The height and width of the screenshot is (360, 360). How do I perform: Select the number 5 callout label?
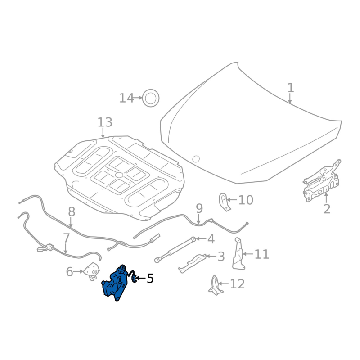[x=150, y=279]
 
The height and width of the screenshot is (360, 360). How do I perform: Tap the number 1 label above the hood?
[x=291, y=88]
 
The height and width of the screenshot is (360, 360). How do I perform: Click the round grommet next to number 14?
[x=151, y=98]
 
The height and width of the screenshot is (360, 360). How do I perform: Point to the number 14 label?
[x=126, y=98]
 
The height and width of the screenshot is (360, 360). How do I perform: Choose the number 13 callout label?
[x=105, y=122]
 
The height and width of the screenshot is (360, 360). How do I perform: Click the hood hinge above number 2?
[x=322, y=180]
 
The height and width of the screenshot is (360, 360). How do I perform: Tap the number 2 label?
[x=327, y=209]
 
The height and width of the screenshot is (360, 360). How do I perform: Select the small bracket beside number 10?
[x=224, y=201]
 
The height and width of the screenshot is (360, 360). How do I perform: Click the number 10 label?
[x=246, y=200]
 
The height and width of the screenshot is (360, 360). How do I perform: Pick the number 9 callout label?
[x=199, y=208]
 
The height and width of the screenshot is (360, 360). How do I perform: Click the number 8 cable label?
[x=72, y=211]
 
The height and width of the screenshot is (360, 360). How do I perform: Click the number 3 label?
[x=220, y=257]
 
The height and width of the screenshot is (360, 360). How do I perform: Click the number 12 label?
[x=237, y=284]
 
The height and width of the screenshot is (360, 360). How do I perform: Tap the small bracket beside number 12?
[x=215, y=285]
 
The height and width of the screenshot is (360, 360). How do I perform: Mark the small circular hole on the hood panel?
[x=196, y=159]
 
